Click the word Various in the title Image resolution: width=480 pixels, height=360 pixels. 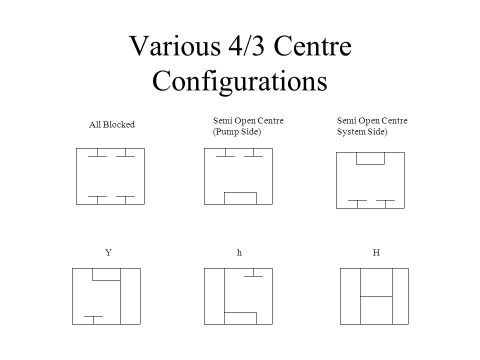pos(175,46)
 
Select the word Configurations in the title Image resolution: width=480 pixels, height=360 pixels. pos(239,81)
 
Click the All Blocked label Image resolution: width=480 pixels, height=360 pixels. pos(111,124)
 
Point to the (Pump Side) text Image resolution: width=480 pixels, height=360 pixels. pos(237,131)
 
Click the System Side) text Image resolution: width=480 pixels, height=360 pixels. pos(362,131)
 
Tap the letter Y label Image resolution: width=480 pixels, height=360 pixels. pos(108,252)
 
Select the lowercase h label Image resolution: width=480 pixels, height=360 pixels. pos(239,252)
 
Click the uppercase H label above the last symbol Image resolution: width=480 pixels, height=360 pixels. pos(376,252)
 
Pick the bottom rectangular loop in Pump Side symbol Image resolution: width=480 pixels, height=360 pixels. pos(240,192)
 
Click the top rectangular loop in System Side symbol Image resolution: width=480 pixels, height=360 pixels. pos(370,164)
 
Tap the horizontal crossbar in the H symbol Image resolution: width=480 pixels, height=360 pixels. pos(376,296)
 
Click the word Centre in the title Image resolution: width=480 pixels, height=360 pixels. pos(312,46)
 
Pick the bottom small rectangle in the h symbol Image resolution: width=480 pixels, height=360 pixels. pos(240,312)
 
